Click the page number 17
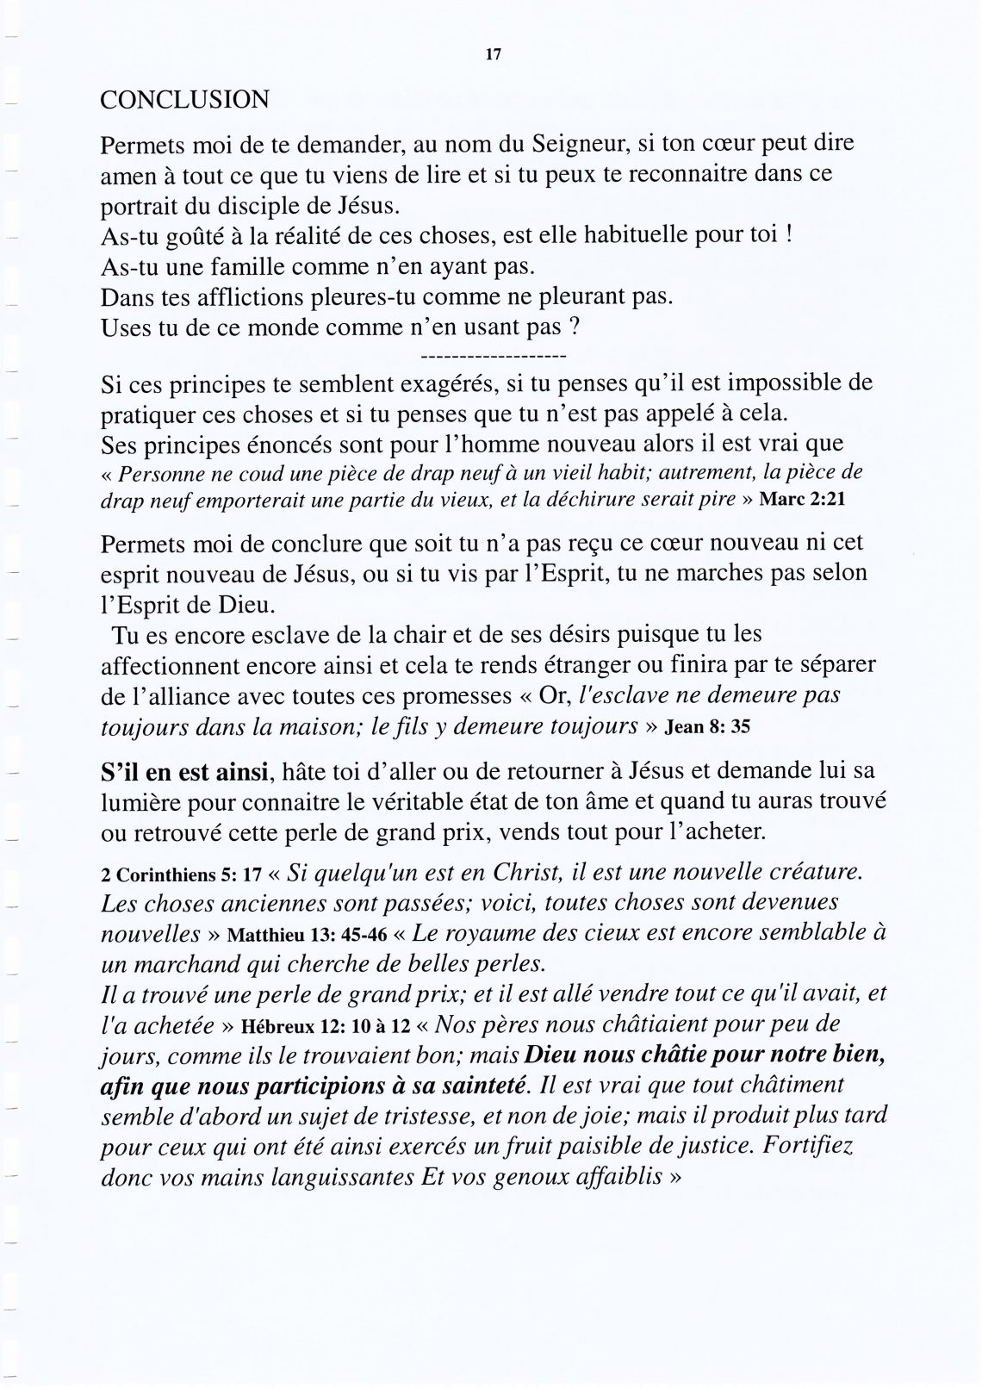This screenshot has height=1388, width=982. coord(493,54)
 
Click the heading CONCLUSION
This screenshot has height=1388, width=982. coord(184,100)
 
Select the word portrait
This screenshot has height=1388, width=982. coord(139,207)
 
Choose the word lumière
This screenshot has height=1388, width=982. coord(137,805)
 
